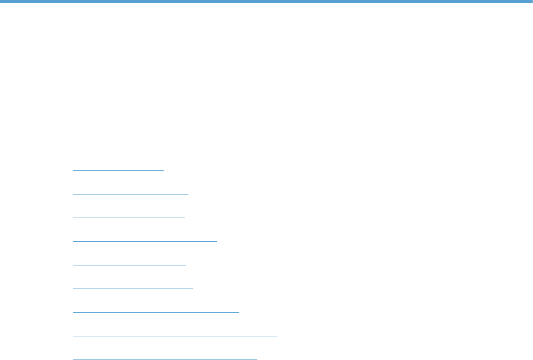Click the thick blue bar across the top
pos(266,2)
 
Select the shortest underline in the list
pos(118,170)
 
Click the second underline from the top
pos(131,193)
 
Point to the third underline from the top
pos(128,217)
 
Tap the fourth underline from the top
pos(145,241)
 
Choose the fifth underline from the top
pos(129,264)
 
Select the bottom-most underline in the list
pos(165,358)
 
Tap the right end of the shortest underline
pos(163,170)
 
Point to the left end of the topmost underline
pos(73,170)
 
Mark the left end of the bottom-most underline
pos(73,358)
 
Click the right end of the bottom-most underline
pos(257,358)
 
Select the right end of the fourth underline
pos(217,241)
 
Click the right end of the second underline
pos(188,193)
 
